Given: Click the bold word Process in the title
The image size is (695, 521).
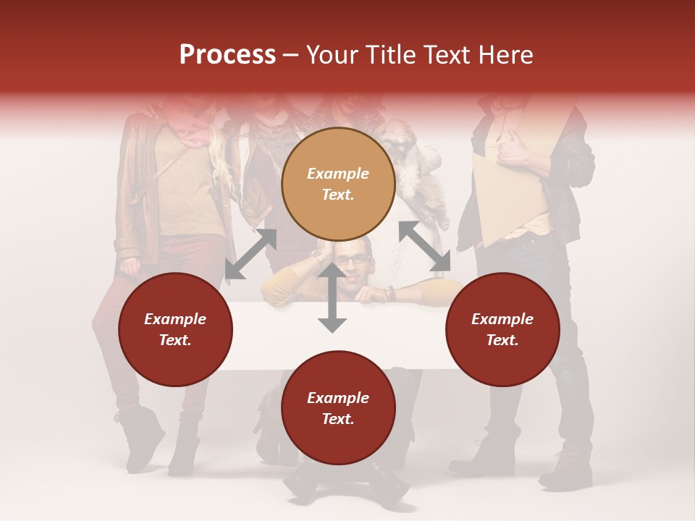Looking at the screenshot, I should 227,54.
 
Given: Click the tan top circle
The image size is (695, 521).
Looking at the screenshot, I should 338,184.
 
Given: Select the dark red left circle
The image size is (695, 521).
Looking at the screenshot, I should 175,329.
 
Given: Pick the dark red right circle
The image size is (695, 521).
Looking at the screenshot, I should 502,329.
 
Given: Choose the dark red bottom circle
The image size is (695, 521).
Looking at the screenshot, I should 338,408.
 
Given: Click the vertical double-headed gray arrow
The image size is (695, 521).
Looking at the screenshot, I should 332,298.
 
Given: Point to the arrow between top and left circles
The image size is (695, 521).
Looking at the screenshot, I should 250,254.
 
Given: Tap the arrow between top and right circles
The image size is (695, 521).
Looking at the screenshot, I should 425,247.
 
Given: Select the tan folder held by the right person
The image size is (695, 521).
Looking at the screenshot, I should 507,195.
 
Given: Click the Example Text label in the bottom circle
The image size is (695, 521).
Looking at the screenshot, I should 338,408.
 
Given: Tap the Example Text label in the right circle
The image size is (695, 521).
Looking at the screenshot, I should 502,329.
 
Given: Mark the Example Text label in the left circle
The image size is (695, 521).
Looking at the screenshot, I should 175,329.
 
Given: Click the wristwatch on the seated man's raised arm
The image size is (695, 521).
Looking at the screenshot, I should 317,257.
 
